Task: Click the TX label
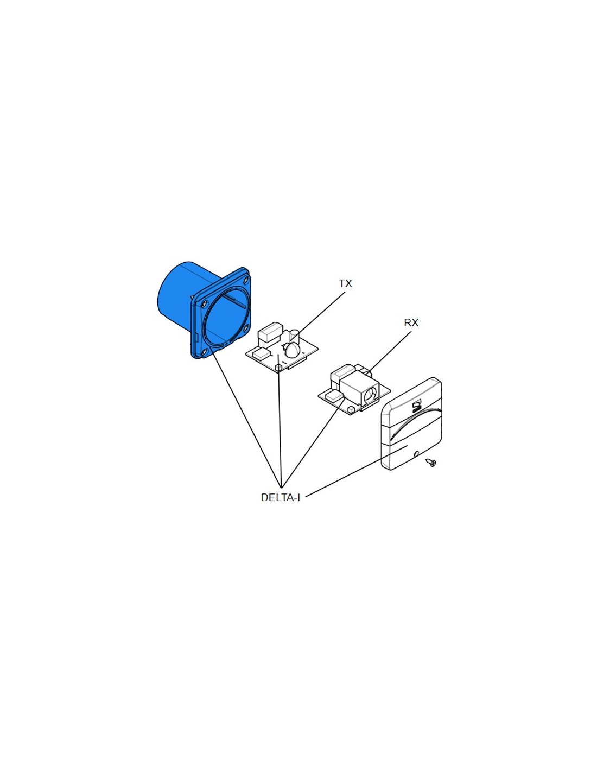[345, 283]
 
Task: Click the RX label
[411, 322]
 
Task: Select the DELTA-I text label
[280, 497]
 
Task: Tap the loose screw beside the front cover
[431, 463]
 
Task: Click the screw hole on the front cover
[416, 454]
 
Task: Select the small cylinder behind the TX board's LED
[295, 335]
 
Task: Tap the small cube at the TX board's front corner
[278, 368]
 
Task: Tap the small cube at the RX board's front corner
[351, 408]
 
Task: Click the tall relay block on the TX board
[270, 332]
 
